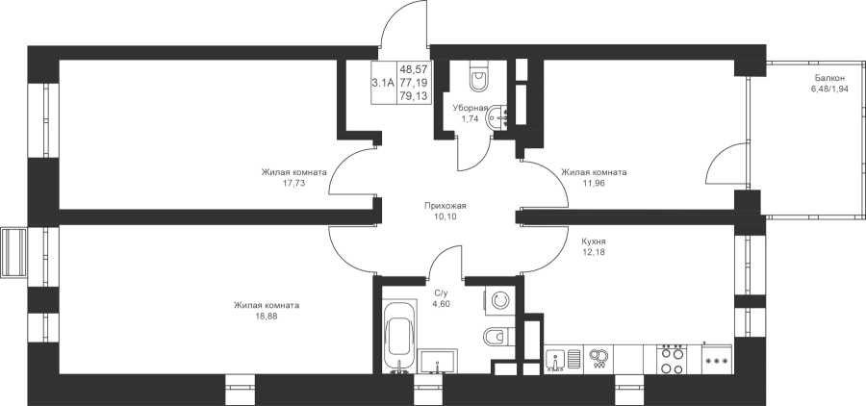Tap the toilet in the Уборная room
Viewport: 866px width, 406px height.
pyautogui.click(x=478, y=76)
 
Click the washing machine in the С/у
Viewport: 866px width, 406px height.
pyautogui.click(x=499, y=300)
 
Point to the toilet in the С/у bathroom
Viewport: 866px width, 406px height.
pyautogui.click(x=498, y=336)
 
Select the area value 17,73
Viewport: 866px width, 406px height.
pyautogui.click(x=293, y=183)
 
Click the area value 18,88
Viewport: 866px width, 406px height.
pyautogui.click(x=267, y=316)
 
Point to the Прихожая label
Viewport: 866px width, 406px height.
pyautogui.click(x=446, y=206)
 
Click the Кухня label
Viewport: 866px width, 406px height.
pyautogui.click(x=594, y=241)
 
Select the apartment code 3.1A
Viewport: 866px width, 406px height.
pyautogui.click(x=383, y=83)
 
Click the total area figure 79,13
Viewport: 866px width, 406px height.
pyautogui.click(x=414, y=95)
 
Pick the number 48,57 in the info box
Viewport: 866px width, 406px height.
pyautogui.click(x=414, y=69)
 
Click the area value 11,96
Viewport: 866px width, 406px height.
pyautogui.click(x=594, y=183)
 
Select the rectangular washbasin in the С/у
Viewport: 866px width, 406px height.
pyautogui.click(x=438, y=362)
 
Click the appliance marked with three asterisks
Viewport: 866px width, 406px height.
pyautogui.click(x=717, y=361)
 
